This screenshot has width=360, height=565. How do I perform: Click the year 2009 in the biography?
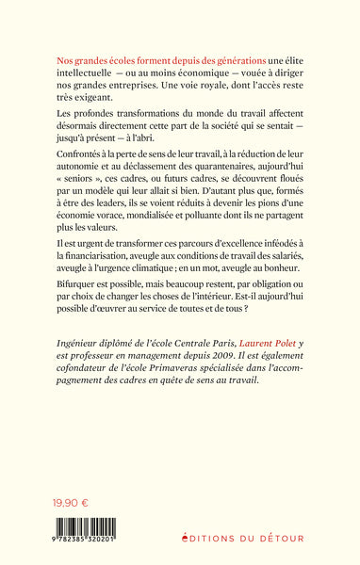pyautogui.click(x=234, y=427)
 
